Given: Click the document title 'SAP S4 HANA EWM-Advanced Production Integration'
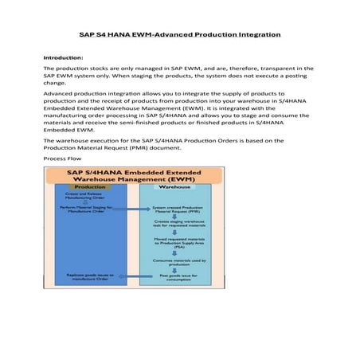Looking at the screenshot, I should [180, 36].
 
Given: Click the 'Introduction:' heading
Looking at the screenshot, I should [64, 58].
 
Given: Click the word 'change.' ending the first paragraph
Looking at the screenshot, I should [53, 82].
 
